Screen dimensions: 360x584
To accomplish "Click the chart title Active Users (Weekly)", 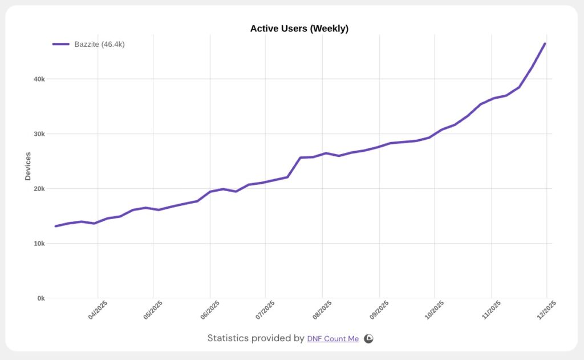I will pos(299,29).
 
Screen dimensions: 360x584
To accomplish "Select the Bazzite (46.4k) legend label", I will pos(99,44).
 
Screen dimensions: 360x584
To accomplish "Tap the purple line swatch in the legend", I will pos(61,44).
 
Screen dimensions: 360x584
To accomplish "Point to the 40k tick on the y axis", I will pos(39,79).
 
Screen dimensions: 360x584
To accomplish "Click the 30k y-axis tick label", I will pos(39,134).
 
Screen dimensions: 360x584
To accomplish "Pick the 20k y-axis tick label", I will pos(39,189).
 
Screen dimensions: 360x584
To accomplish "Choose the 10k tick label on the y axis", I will pos(39,244).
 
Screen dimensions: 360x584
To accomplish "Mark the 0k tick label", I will pos(40,298).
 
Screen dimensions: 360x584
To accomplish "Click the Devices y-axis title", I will pos(28,166).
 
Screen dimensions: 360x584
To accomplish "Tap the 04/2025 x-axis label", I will pos(98,309).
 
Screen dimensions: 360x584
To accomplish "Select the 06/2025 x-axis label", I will pos(210,309).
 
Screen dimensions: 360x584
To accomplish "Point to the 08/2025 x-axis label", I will pos(322,309).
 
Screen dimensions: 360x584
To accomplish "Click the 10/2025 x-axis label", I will pos(435,309).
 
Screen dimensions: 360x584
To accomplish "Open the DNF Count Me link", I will pos(333,339).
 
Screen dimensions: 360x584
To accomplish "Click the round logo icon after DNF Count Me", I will pos(369,338).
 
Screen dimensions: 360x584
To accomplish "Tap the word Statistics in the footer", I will pos(228,338).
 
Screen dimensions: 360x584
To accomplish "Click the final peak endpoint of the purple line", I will pos(545,43).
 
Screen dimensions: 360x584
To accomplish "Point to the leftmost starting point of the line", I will pos(56,226).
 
